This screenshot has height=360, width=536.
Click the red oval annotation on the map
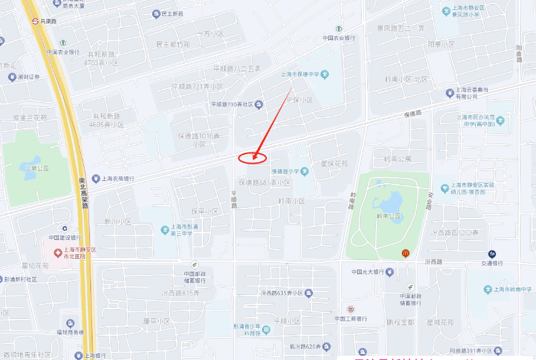[253, 158]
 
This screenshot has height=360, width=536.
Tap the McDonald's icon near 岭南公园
[405, 253]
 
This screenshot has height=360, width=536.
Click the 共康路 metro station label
[50, 21]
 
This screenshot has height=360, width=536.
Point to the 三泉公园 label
[37, 168]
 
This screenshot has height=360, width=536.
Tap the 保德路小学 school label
[282, 171]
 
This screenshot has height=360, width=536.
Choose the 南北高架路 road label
[84, 194]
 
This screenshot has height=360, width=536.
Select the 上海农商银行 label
[117, 179]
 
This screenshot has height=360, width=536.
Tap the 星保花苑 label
[335, 163]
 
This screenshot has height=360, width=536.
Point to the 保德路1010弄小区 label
[198, 139]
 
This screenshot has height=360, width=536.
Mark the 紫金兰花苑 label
[30, 117]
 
